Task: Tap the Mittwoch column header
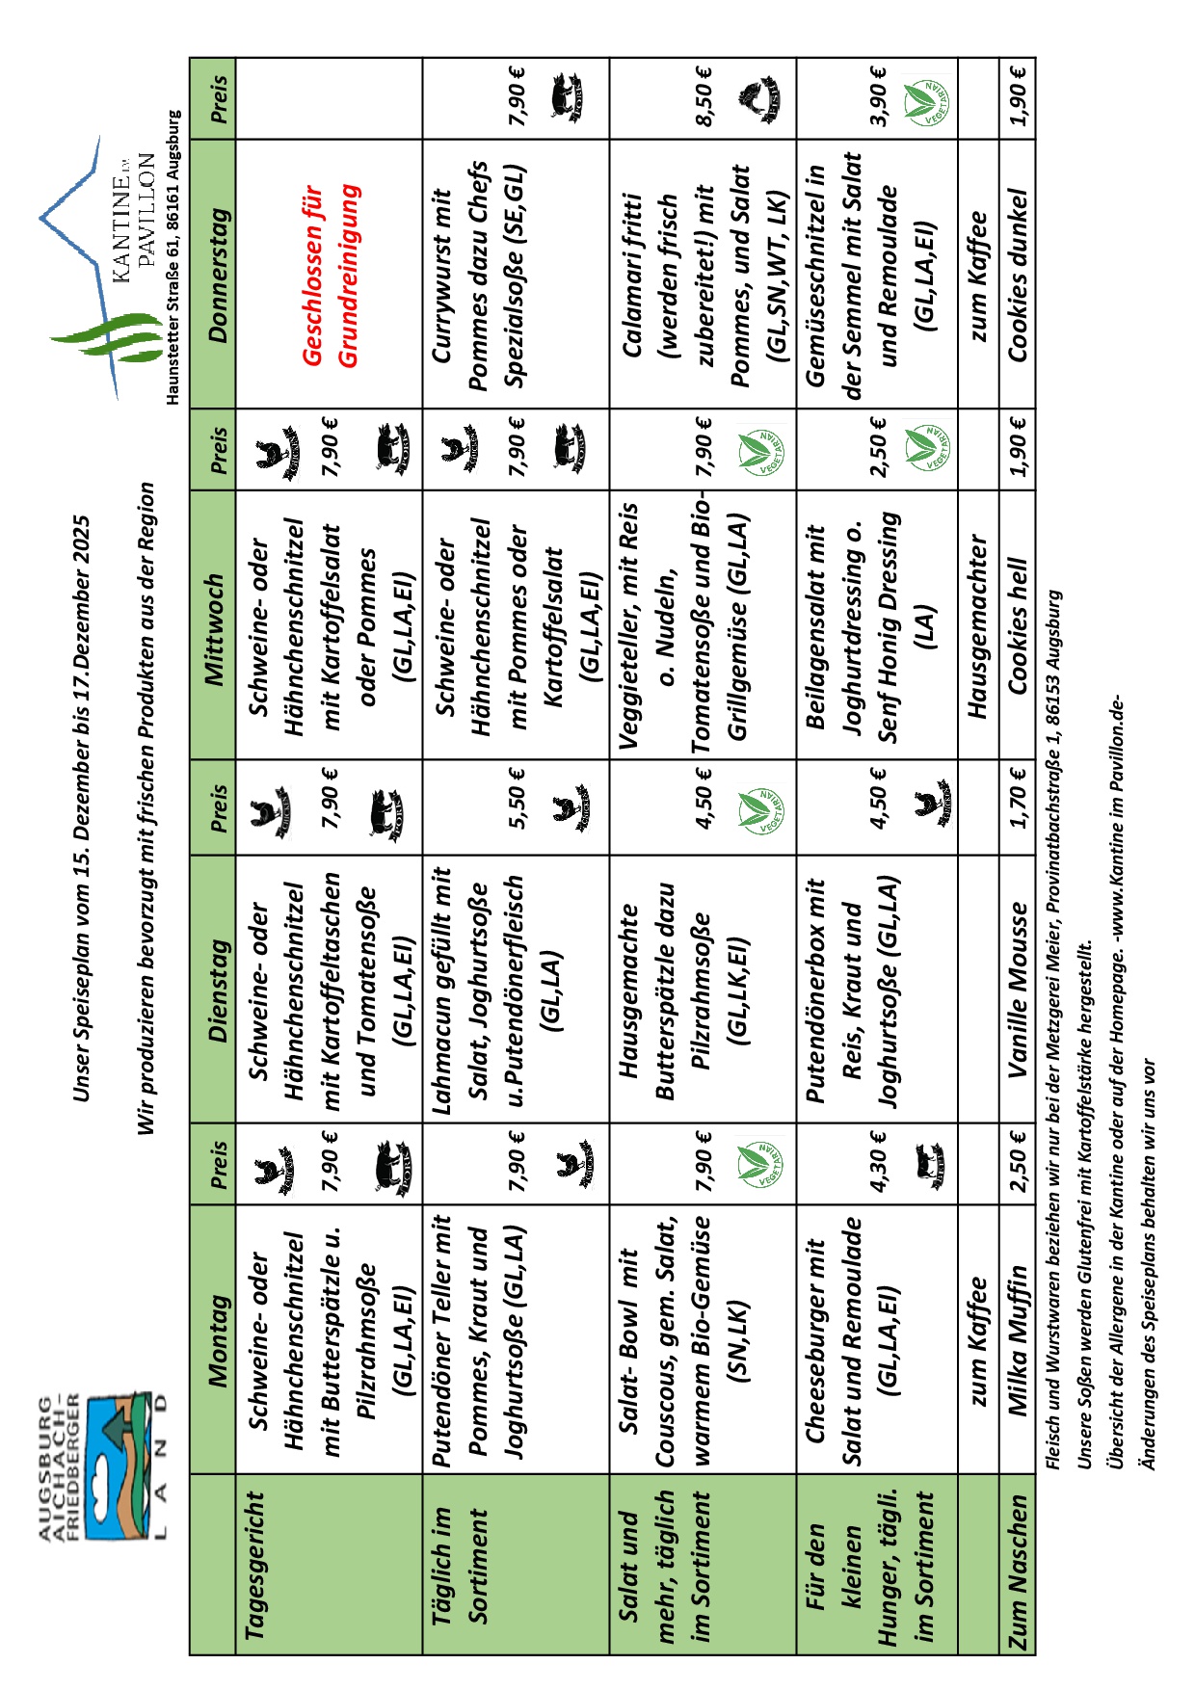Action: click(x=218, y=629)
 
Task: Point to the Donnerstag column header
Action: click(x=218, y=275)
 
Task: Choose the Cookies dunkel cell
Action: click(x=1018, y=275)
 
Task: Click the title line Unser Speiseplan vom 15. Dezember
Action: click(x=81, y=808)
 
